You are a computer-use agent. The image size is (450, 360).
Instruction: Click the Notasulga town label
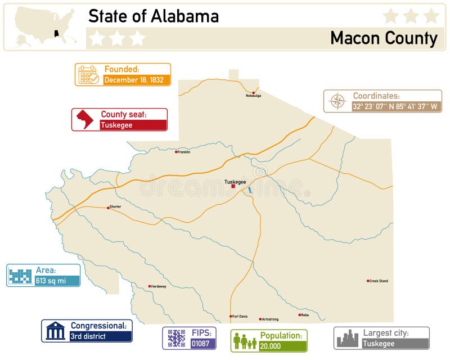pyautogui.click(x=254, y=96)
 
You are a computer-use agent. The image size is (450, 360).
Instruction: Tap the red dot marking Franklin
pyautogui.click(x=176, y=152)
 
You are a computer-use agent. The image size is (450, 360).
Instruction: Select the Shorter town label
pyautogui.click(x=115, y=206)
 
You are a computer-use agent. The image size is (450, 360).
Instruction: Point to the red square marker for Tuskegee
pyautogui.click(x=233, y=187)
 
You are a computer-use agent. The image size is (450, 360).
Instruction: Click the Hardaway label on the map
pyautogui.click(x=159, y=286)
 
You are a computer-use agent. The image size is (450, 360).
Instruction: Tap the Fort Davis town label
pyautogui.click(x=240, y=316)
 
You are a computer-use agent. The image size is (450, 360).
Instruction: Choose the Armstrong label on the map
pyautogui.click(x=271, y=319)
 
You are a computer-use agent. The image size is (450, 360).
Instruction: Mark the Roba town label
pyautogui.click(x=304, y=315)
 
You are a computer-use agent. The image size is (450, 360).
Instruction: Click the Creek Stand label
pyautogui.click(x=379, y=281)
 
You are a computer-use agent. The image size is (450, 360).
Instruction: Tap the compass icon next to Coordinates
pyautogui.click(x=337, y=101)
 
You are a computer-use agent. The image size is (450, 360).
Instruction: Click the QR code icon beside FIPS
pyautogui.click(x=176, y=338)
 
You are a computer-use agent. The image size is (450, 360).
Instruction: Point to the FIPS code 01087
pyautogui.click(x=201, y=343)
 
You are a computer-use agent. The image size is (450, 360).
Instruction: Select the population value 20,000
pyautogui.click(x=272, y=345)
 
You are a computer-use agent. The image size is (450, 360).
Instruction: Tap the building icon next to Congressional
pyautogui.click(x=55, y=331)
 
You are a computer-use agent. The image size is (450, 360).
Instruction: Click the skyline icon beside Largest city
pyautogui.click(x=347, y=338)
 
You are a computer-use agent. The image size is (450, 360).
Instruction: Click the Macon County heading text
pyautogui.click(x=384, y=38)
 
